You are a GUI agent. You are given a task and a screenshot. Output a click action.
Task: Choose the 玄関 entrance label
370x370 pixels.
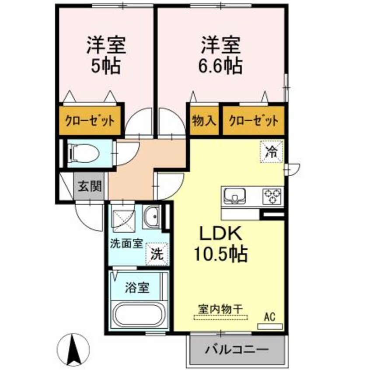(91, 187)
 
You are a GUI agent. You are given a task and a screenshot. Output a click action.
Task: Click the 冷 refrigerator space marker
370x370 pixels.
(272, 152)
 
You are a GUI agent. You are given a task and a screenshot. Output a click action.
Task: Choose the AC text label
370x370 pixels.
(269, 316)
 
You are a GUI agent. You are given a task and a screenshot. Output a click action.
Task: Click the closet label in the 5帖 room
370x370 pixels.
(91, 120)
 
